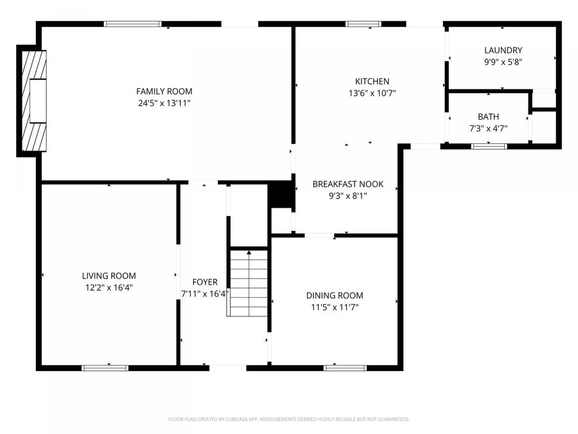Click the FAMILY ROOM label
[x=164, y=91]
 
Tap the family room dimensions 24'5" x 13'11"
[x=164, y=103]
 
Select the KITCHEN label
[x=372, y=82]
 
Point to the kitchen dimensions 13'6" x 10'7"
[x=372, y=93]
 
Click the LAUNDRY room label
[x=503, y=50]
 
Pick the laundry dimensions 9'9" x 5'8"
[x=503, y=62]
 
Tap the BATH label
[x=488, y=117]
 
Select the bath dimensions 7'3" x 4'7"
[x=488, y=129]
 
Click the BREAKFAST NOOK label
[x=347, y=184]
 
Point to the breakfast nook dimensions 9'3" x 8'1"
[x=347, y=195]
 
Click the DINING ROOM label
[x=334, y=296]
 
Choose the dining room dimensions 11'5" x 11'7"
[x=334, y=307]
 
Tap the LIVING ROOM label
[x=109, y=276]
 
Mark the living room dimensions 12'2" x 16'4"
[x=109, y=287]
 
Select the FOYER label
[x=205, y=282]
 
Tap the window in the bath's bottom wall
[x=489, y=147]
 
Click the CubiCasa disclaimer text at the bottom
[x=288, y=419]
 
